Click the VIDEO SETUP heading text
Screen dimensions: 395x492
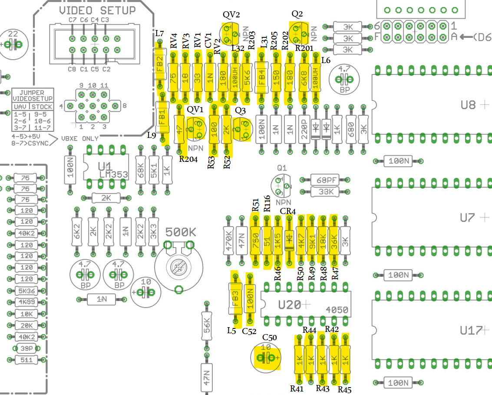[97, 10]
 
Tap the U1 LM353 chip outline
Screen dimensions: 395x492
[107, 168]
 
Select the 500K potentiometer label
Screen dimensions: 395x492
[180, 232]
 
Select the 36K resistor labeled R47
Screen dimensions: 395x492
[334, 239]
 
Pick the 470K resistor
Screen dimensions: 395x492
[229, 239]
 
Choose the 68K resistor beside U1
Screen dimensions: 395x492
[140, 170]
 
